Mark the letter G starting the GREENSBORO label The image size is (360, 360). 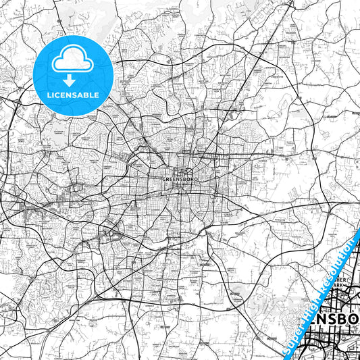pyautogui.click(x=165, y=180)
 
